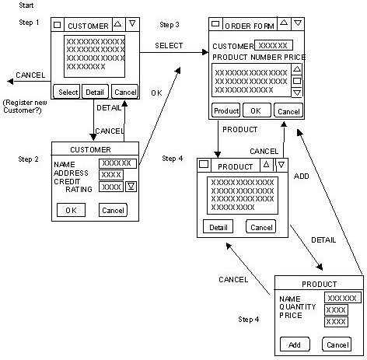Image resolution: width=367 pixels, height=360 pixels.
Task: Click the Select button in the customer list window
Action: (x=68, y=93)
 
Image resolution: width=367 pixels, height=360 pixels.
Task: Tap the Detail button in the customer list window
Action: (x=95, y=93)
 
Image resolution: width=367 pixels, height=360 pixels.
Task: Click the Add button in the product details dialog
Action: (x=295, y=344)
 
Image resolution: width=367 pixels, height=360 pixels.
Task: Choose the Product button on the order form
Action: (x=225, y=110)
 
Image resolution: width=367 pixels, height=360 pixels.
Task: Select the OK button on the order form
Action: (x=256, y=110)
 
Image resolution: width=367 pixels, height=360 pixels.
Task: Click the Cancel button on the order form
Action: (x=288, y=110)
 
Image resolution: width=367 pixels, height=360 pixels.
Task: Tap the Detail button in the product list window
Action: (x=218, y=227)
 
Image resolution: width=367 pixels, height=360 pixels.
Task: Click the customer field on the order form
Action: (x=274, y=46)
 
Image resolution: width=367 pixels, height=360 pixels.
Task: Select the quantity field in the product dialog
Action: (x=336, y=309)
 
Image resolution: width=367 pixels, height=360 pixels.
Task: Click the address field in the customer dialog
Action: (x=111, y=174)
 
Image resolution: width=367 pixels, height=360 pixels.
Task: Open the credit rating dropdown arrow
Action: (x=131, y=187)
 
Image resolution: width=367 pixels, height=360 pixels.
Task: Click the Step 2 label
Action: (x=30, y=159)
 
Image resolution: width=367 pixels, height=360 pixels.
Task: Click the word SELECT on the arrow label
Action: (x=169, y=46)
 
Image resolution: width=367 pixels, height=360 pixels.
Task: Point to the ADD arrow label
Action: (x=302, y=177)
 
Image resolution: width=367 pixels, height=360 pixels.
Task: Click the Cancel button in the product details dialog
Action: (x=336, y=344)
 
